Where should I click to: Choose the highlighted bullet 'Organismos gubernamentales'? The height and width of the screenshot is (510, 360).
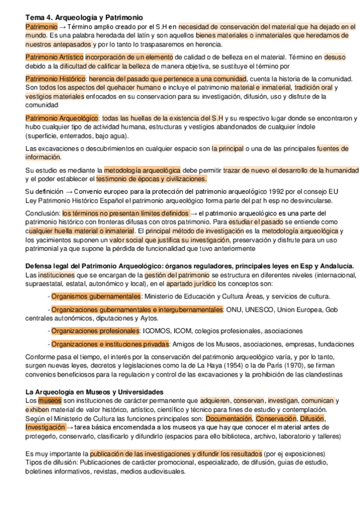[96, 296]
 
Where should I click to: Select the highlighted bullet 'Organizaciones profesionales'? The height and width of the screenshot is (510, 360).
[95, 331]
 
